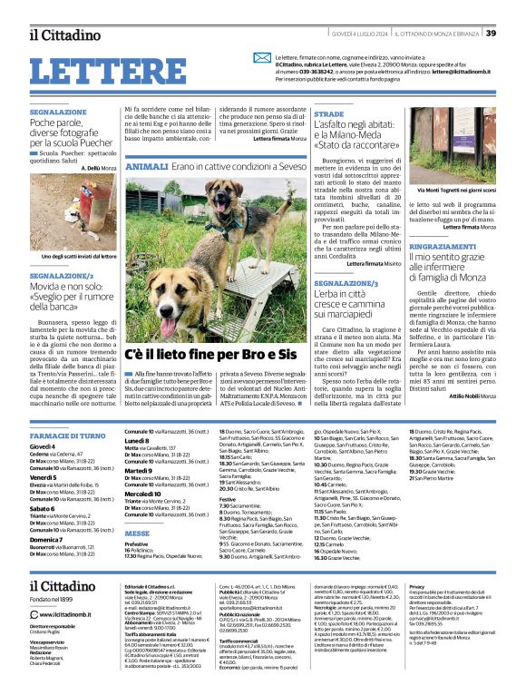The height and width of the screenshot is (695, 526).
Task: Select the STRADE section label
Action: click(x=329, y=115)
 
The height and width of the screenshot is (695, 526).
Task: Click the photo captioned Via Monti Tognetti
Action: click(x=457, y=145)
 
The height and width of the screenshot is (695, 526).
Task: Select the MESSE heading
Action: click(x=137, y=533)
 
